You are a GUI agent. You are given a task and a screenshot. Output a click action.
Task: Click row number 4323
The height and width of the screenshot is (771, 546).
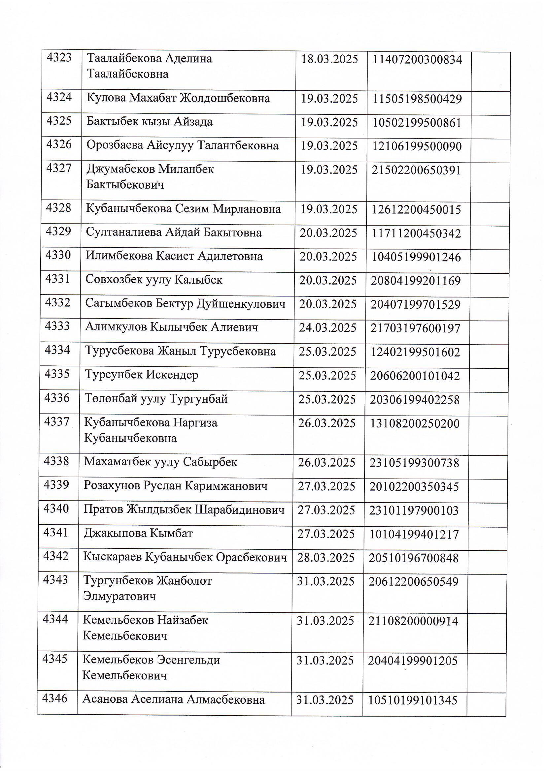pyautogui.click(x=59, y=58)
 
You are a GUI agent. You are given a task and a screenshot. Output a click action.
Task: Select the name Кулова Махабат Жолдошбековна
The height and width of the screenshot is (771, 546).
pyautogui.click(x=178, y=98)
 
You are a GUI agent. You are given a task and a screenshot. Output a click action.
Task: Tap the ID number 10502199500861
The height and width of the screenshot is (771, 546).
pyautogui.click(x=417, y=123)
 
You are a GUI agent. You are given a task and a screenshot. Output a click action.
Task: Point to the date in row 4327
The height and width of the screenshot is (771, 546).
pyautogui.click(x=329, y=170)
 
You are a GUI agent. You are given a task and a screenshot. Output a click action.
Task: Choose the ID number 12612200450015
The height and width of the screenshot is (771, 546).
pyautogui.click(x=416, y=210)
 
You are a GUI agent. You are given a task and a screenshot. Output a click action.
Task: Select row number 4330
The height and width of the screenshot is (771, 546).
pyautogui.click(x=58, y=255)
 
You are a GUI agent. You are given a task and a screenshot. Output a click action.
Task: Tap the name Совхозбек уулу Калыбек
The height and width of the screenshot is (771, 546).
pyautogui.click(x=154, y=280)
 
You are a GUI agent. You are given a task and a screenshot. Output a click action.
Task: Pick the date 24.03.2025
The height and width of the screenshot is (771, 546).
pyautogui.click(x=327, y=328)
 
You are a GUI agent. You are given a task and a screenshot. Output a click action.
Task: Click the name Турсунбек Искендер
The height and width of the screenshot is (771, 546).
pyautogui.click(x=142, y=375)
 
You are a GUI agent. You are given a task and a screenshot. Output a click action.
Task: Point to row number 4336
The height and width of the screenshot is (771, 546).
pyautogui.click(x=57, y=398)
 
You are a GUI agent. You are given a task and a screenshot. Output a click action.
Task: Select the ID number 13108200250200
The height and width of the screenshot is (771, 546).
pyautogui.click(x=415, y=424)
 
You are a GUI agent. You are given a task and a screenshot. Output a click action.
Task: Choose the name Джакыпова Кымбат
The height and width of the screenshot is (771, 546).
pyautogui.click(x=138, y=533)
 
